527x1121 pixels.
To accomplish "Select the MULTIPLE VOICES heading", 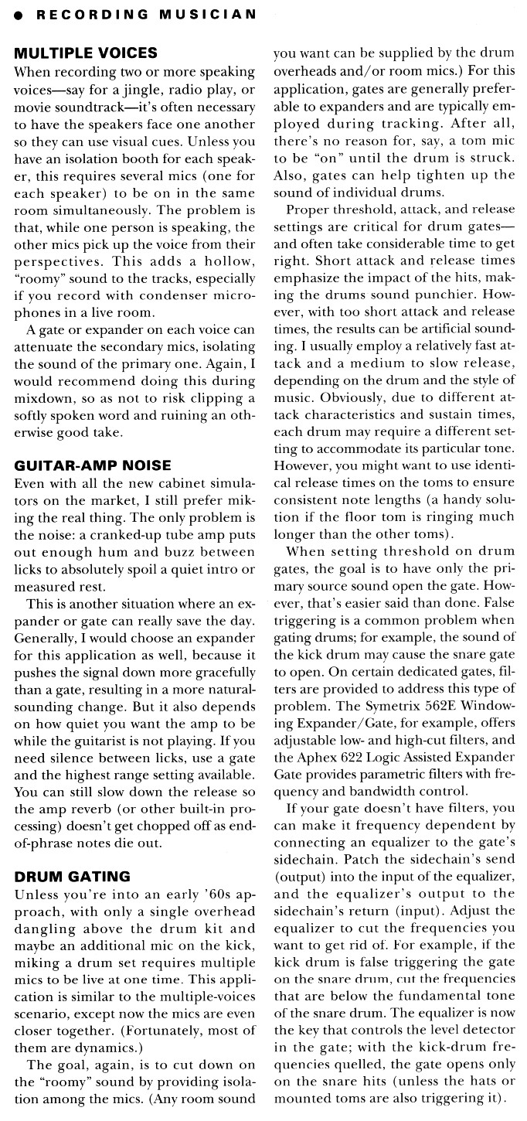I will coord(87,53).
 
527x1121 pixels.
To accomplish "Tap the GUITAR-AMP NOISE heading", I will coord(93,465).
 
